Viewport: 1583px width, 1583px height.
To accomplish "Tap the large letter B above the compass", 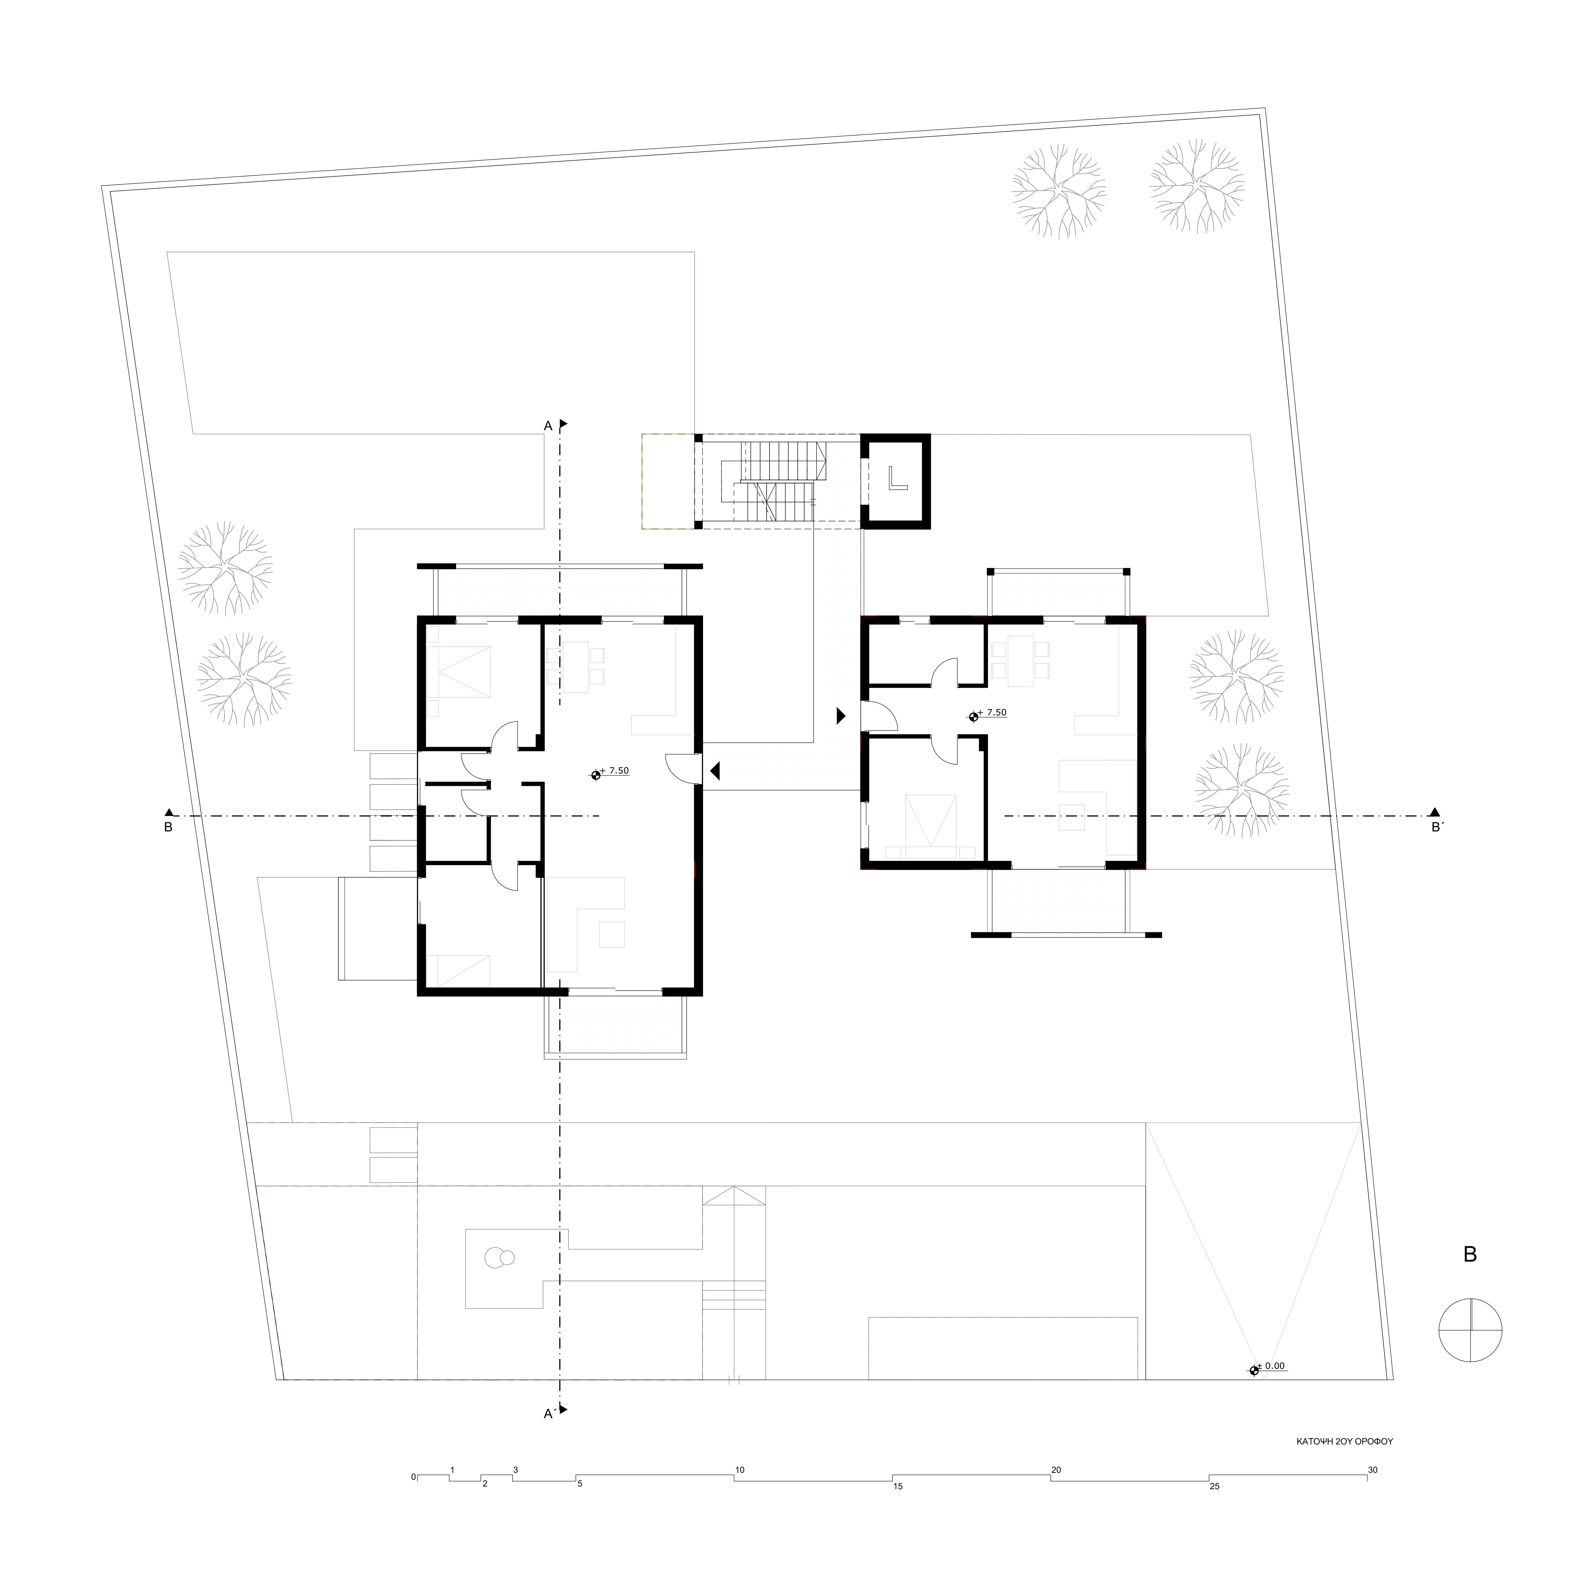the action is point(1470,1254).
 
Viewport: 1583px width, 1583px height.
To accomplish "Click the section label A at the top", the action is point(548,425).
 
